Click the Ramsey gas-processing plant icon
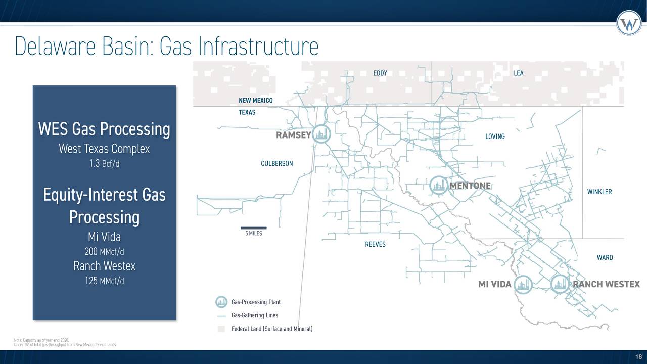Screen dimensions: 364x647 (321, 134)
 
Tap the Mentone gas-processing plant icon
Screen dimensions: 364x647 (438, 185)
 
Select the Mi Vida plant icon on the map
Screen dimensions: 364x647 (524, 284)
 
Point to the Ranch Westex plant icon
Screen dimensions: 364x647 (560, 284)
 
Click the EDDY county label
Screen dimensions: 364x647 (380, 73)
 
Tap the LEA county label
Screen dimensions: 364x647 (519, 73)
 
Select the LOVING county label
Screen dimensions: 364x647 (495, 137)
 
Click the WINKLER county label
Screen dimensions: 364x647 (599, 192)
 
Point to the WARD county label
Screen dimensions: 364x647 (605, 258)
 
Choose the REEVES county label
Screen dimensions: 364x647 (375, 245)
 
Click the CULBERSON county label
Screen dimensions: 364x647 (276, 164)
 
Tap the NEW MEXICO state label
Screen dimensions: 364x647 (255, 101)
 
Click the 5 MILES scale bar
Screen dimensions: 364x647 (253, 229)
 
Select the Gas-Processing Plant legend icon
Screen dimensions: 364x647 (221, 302)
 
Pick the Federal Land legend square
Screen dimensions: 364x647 (221, 330)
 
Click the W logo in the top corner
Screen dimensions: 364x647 (629, 23)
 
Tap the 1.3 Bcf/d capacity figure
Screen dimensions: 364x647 (104, 164)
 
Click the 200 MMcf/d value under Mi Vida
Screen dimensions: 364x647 (104, 252)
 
